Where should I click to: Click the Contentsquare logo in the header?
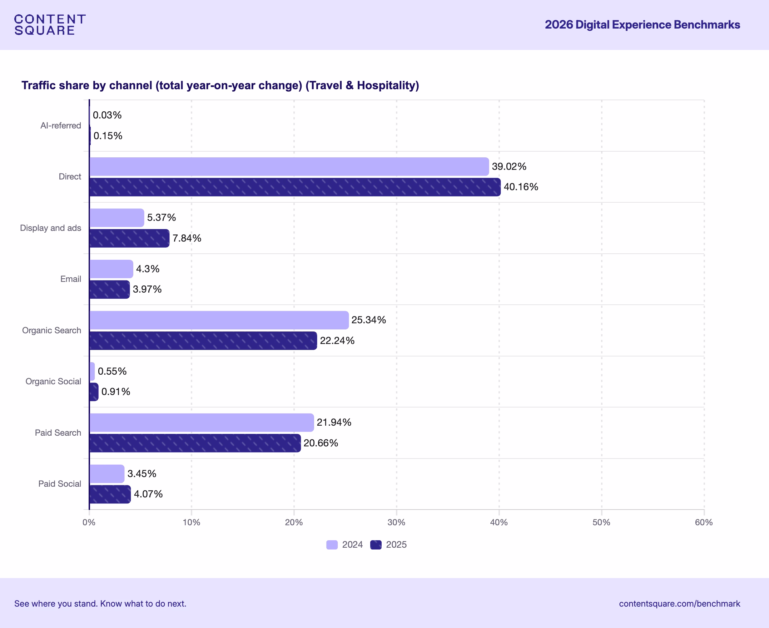click(50, 25)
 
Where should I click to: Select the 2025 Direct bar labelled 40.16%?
click(294, 187)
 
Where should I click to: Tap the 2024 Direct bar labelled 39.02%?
click(289, 166)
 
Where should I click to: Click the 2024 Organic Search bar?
click(219, 320)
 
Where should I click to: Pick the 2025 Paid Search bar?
click(195, 443)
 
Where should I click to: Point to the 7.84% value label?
click(187, 238)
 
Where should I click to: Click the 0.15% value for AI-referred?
click(108, 136)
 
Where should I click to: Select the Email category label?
click(71, 279)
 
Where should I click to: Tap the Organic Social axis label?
click(53, 382)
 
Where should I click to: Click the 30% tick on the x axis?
click(396, 522)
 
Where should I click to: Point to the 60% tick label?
click(704, 522)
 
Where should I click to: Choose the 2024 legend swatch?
click(332, 545)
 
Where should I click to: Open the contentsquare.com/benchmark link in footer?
click(679, 604)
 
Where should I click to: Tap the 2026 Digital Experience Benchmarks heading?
click(642, 25)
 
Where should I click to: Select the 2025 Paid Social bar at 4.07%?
click(110, 494)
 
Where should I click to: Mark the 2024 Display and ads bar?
click(116, 218)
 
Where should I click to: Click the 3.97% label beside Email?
click(147, 289)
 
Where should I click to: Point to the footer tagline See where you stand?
click(100, 604)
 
